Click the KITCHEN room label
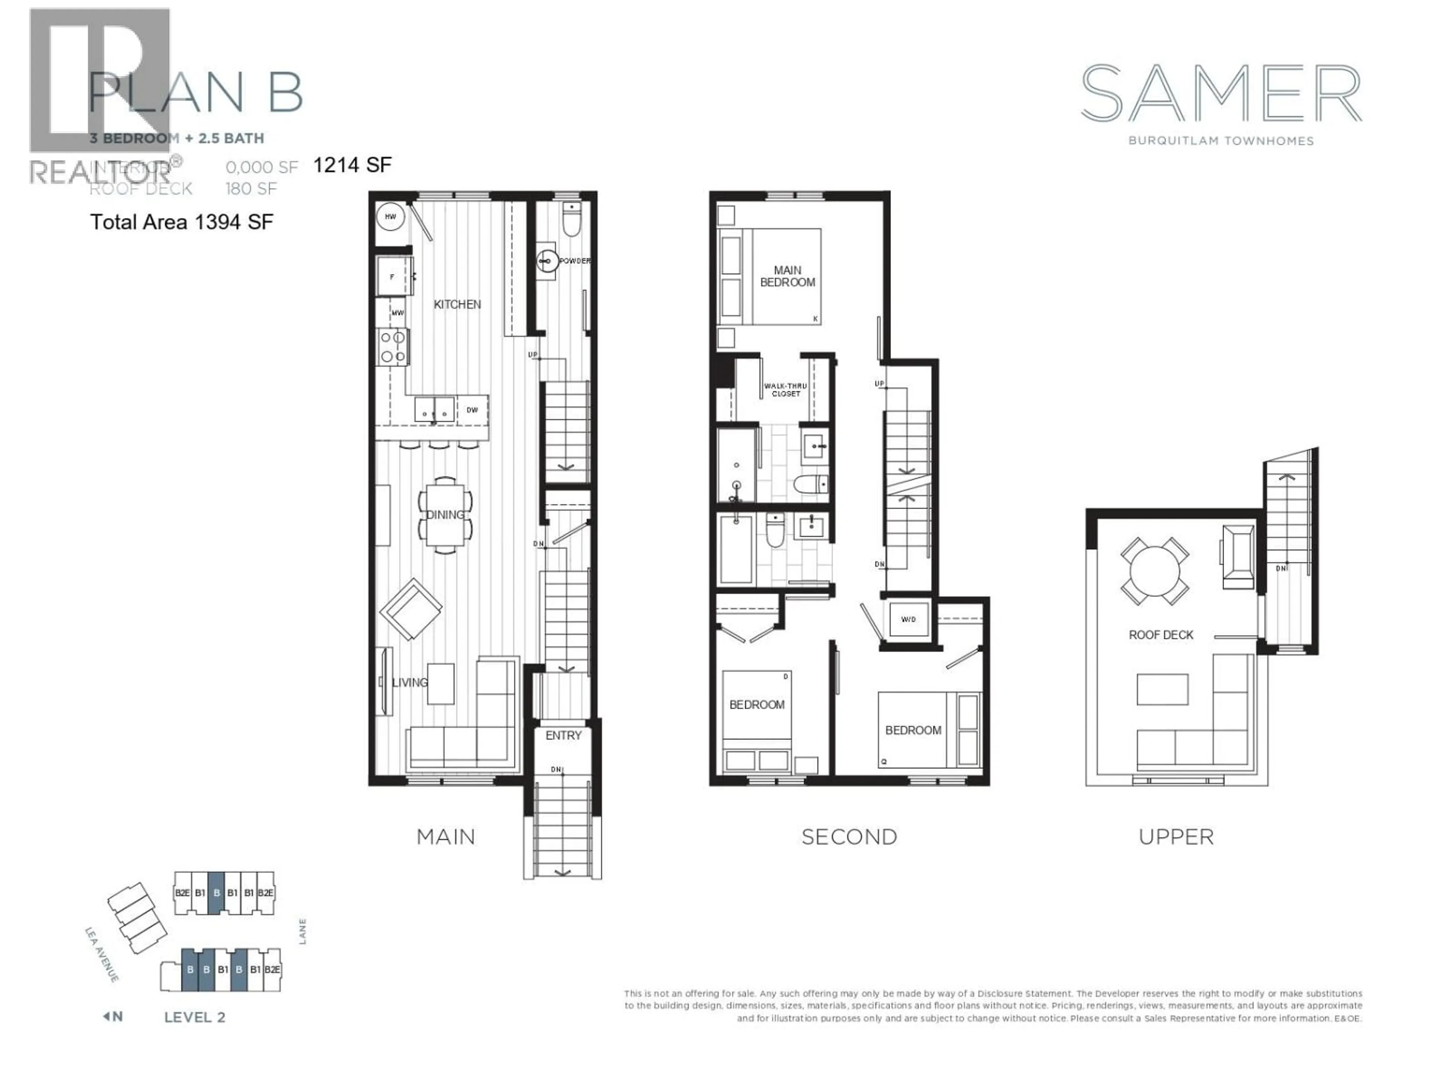click(457, 304)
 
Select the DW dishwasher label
click(472, 410)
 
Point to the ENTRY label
click(563, 736)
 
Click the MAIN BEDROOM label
click(787, 276)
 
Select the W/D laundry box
click(909, 619)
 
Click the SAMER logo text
click(1221, 94)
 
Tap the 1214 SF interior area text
click(352, 165)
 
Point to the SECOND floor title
click(849, 837)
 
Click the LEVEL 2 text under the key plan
click(195, 1017)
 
